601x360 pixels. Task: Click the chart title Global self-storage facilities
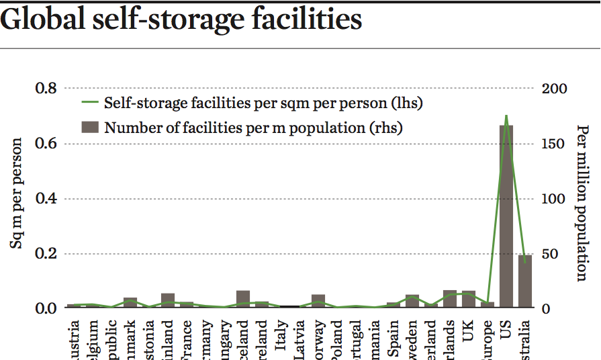tap(181, 20)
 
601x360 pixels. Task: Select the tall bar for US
tap(506, 215)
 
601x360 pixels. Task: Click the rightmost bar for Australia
tap(525, 282)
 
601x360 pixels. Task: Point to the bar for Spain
tap(394, 305)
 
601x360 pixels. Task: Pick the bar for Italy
tap(281, 306)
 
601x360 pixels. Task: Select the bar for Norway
tap(318, 302)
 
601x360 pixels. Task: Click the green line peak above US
tap(506, 116)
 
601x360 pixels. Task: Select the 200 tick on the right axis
tap(555, 89)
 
